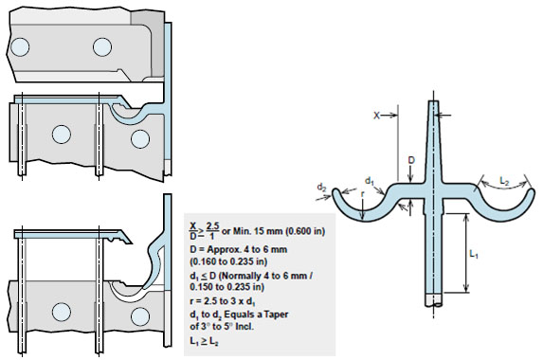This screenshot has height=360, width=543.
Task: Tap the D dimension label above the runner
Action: (410, 161)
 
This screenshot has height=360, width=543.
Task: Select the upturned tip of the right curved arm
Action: (529, 193)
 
